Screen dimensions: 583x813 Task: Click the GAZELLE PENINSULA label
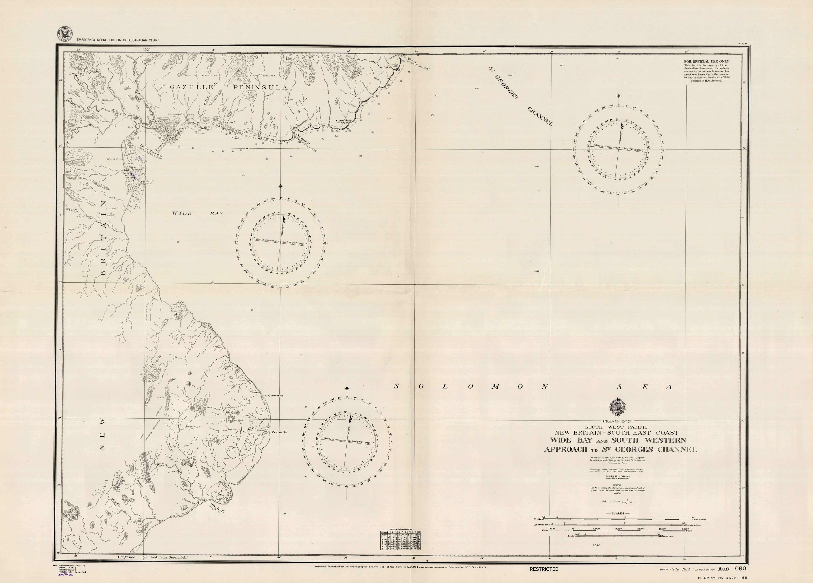pyautogui.click(x=229, y=87)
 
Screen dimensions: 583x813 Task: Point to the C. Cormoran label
pyautogui.click(x=274, y=396)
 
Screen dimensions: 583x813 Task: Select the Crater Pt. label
pyautogui.click(x=280, y=432)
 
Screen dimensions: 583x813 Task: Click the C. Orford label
pyautogui.click(x=221, y=497)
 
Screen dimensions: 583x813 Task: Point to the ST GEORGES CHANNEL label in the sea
pyautogui.click(x=521, y=96)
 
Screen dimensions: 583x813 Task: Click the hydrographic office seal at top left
pyautogui.click(x=65, y=34)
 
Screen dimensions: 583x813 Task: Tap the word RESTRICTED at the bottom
pyautogui.click(x=544, y=569)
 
